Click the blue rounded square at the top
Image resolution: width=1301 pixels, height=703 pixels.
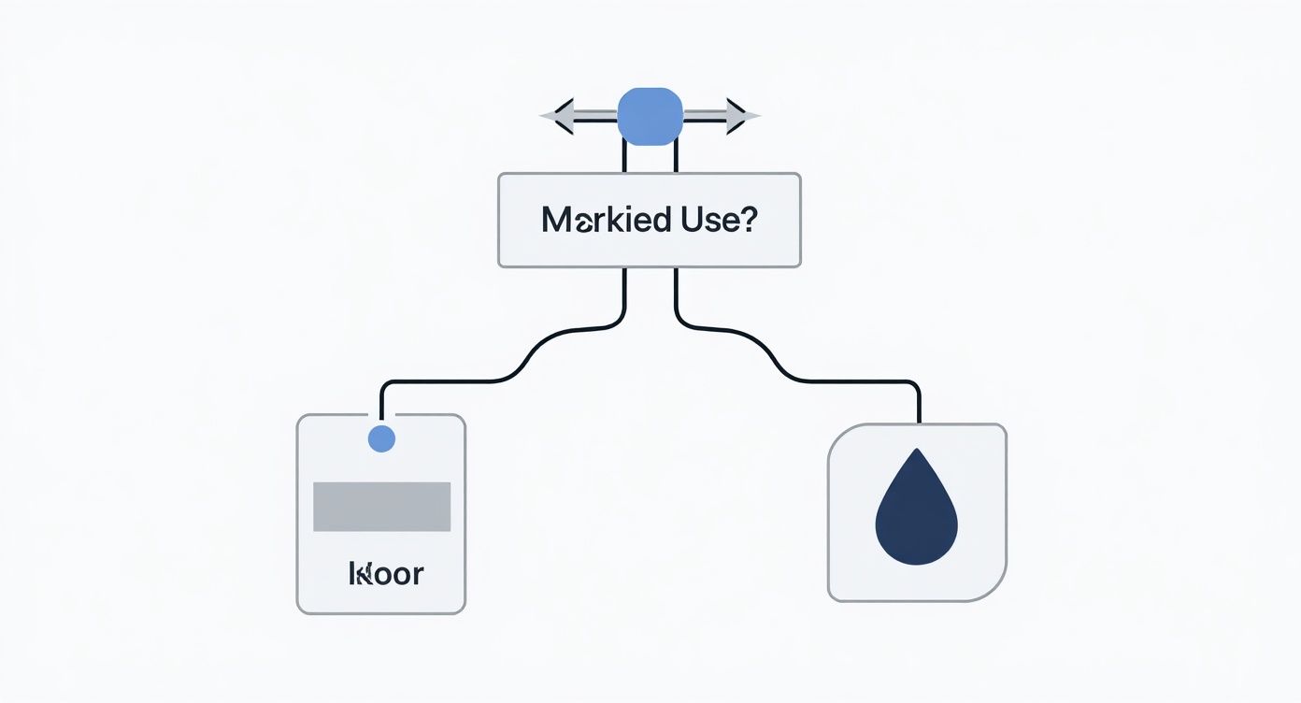point(650,116)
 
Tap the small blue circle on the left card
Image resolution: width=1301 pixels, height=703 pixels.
point(381,438)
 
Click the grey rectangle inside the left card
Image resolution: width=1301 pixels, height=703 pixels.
point(381,507)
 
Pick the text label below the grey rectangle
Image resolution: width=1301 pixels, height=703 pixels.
point(385,573)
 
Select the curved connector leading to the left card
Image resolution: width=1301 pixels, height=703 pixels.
point(523,360)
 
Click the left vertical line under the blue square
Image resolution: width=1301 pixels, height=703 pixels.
point(624,158)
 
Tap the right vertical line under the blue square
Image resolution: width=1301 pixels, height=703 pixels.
point(675,158)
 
